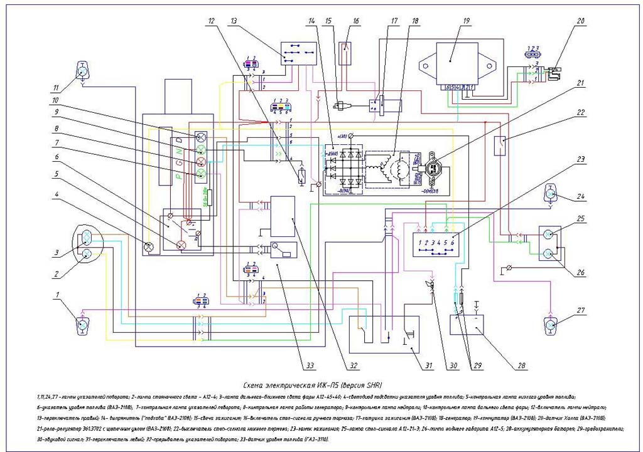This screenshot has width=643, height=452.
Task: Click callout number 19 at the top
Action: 466,21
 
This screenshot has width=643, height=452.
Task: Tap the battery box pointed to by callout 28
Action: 467,324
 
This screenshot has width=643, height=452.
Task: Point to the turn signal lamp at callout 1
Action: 82,325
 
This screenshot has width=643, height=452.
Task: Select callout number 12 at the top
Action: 212,21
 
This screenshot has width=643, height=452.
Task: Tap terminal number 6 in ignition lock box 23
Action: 453,241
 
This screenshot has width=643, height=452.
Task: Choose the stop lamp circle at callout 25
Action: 548,234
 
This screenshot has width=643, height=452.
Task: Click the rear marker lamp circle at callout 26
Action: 548,253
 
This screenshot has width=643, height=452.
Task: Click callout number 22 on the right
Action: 581,113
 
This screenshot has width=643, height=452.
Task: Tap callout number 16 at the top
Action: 356,21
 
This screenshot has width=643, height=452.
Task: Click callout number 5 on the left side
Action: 56,174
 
